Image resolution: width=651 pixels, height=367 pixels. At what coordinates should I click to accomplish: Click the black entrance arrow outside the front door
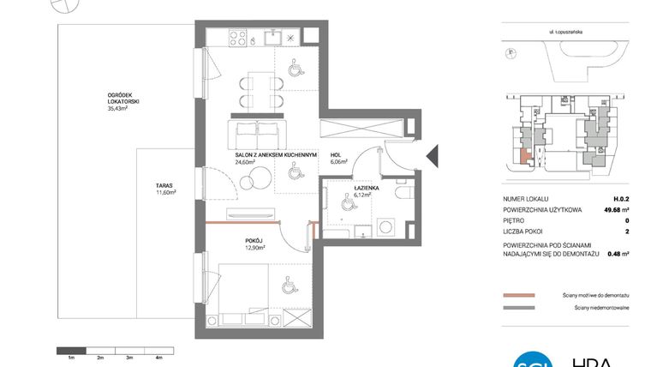(x=432, y=157)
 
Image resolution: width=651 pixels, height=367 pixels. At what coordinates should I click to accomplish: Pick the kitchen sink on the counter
(x=272, y=38)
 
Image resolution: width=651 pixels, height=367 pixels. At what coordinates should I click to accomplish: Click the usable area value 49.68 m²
(x=612, y=208)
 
